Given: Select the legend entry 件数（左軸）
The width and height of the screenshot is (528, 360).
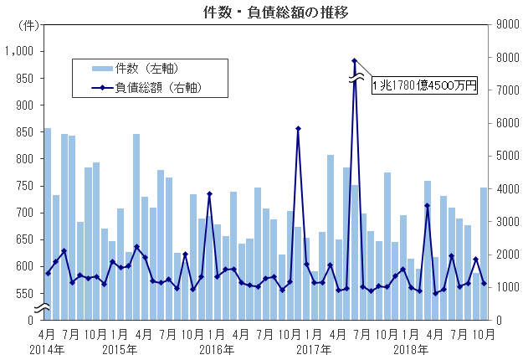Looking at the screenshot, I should [x=147, y=67].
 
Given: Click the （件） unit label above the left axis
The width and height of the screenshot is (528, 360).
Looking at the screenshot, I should [x=27, y=24].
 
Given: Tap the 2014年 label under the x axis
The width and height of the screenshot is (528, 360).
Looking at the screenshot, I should [x=48, y=348].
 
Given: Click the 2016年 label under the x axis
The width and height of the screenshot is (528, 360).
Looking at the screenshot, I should [x=218, y=348].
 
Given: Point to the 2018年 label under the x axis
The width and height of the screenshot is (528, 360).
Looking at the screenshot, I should [x=411, y=348].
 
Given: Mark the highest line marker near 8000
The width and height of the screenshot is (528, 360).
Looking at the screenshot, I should [x=354, y=60].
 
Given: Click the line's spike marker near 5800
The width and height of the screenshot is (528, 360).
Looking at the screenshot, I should [x=298, y=129].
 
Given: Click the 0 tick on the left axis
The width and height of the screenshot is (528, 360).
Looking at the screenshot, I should [x=30, y=320].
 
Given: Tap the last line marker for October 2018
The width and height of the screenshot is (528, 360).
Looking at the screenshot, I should [x=484, y=283].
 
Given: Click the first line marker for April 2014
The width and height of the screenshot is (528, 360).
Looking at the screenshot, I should [x=48, y=273].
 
